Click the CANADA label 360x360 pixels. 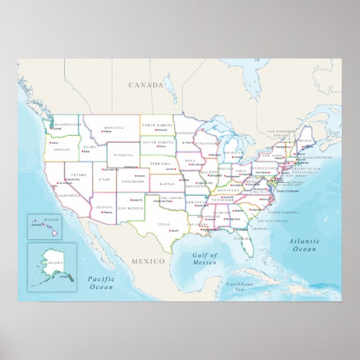click(x=146, y=85)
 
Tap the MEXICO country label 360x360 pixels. click(x=148, y=261)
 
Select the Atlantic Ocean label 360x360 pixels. click(x=304, y=245)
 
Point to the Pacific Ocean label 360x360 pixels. click(x=101, y=283)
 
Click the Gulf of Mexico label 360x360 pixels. click(x=204, y=259)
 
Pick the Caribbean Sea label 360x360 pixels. click(x=240, y=287)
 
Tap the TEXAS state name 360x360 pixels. click(x=163, y=224)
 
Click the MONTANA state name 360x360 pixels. click(x=113, y=127)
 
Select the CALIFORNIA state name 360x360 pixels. click(x=68, y=195)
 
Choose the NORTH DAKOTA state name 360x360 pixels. click(x=157, y=125)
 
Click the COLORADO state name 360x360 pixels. click(x=132, y=181)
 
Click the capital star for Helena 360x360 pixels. click(x=103, y=131)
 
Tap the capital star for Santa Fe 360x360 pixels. click(x=132, y=200)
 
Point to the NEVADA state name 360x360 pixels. click(x=78, y=175)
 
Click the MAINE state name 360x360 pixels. click(x=305, y=141)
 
